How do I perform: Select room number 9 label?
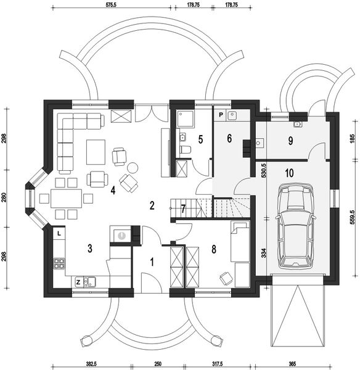(x=290, y=141)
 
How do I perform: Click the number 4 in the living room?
(x=113, y=190)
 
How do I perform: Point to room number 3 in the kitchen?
(x=90, y=249)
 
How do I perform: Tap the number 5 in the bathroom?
(x=200, y=139)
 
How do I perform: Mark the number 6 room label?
(x=229, y=139)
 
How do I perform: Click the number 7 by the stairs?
(x=183, y=208)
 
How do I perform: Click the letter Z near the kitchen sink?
(x=78, y=282)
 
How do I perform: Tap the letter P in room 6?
(x=219, y=115)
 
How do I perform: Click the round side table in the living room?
(x=132, y=167)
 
